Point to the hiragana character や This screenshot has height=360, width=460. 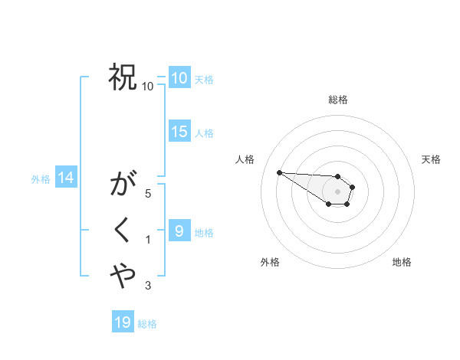pyautogui.click(x=123, y=276)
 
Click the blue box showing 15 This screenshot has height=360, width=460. pyautogui.click(x=179, y=132)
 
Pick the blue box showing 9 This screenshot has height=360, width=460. pyautogui.click(x=179, y=231)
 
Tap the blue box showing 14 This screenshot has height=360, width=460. pyautogui.click(x=66, y=178)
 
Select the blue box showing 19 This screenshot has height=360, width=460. pyautogui.click(x=123, y=322)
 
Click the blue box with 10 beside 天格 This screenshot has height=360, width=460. pyautogui.click(x=179, y=77)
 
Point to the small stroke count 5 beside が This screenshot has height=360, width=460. pyautogui.click(x=148, y=194)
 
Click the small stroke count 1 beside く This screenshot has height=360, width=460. pyautogui.click(x=148, y=240)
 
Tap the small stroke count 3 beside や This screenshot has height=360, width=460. pyautogui.click(x=148, y=286)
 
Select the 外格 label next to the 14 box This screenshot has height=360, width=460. pyautogui.click(x=41, y=179)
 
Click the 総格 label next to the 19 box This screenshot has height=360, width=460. pyautogui.click(x=147, y=324)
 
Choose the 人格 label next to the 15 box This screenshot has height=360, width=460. pyautogui.click(x=204, y=133)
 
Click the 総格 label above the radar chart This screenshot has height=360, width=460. pyautogui.click(x=338, y=100)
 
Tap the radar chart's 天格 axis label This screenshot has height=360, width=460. pyautogui.click(x=431, y=159)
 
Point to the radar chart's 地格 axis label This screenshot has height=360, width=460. pyautogui.click(x=402, y=262)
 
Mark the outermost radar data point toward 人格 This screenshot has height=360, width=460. pyautogui.click(x=279, y=172)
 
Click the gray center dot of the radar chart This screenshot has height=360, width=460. pyautogui.click(x=338, y=191)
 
